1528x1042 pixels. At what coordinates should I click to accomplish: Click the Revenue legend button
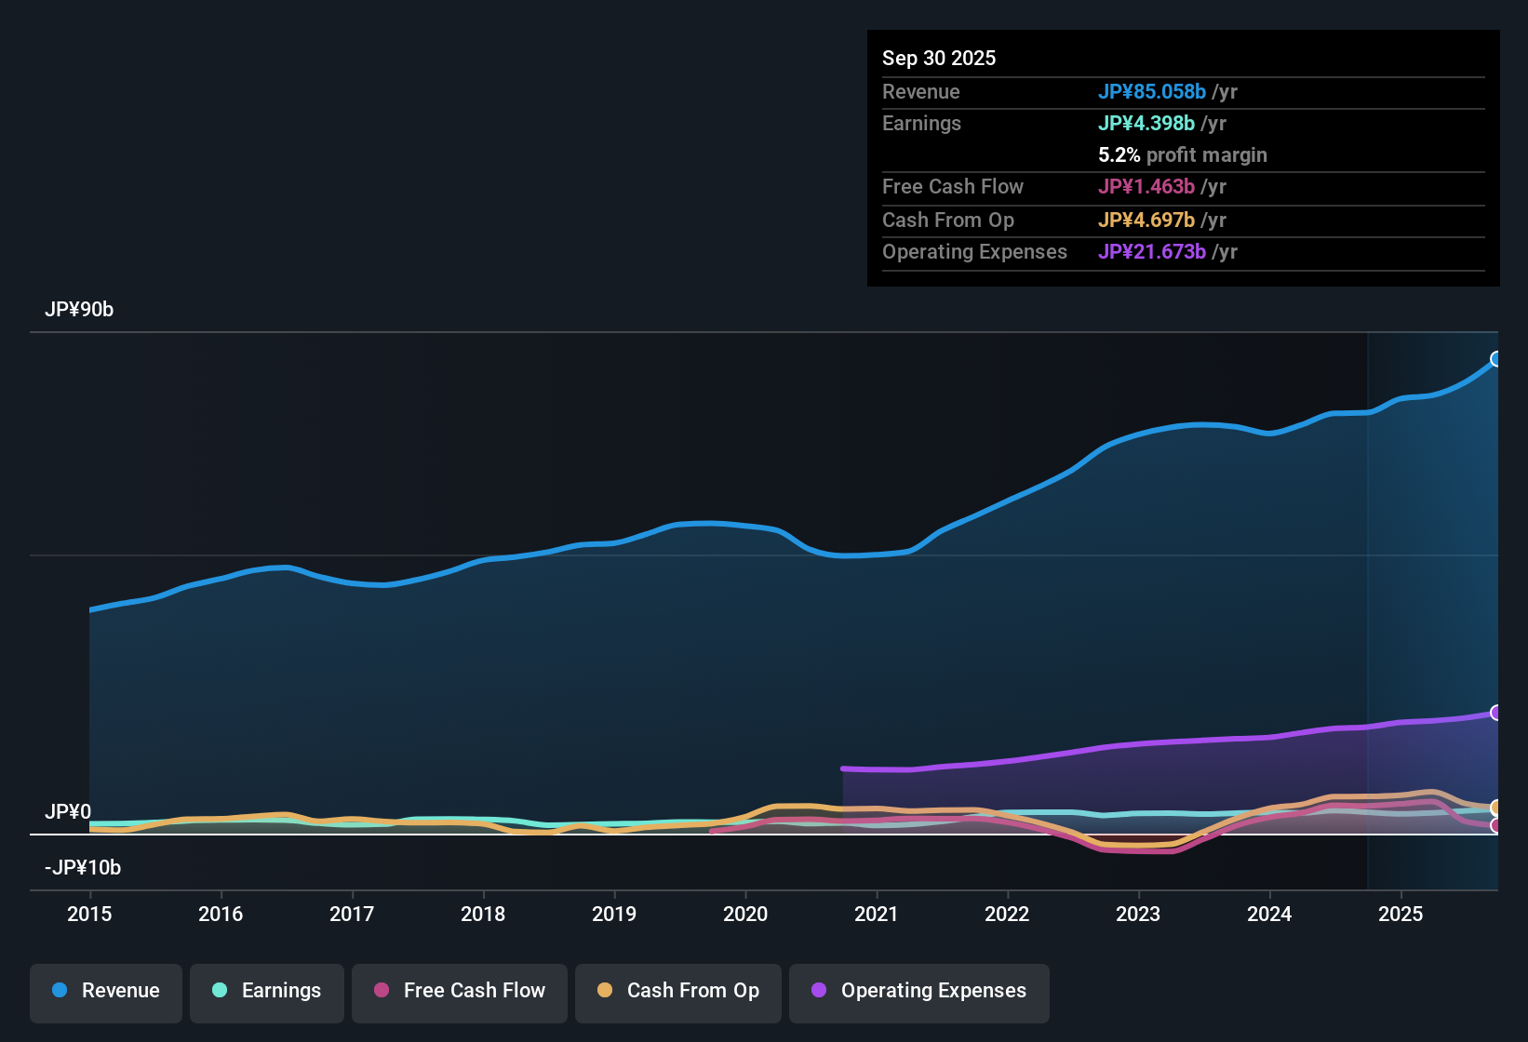pyautogui.click(x=106, y=991)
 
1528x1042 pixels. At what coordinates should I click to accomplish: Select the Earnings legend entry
pyautogui.click(x=267, y=991)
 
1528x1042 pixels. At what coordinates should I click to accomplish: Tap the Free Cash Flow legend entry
pyautogui.click(x=460, y=991)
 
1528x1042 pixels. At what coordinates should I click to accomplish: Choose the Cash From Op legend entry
pyautogui.click(x=678, y=991)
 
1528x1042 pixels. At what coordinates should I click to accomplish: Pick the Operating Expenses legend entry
pyautogui.click(x=919, y=991)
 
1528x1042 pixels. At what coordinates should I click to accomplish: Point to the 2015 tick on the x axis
pyautogui.click(x=89, y=914)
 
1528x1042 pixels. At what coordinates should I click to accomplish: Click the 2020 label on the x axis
pyautogui.click(x=745, y=914)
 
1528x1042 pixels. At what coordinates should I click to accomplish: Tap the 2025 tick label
pyautogui.click(x=1401, y=914)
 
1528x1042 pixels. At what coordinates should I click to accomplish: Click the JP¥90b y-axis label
pyautogui.click(x=79, y=310)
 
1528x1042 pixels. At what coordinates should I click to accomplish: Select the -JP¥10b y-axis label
pyautogui.click(x=83, y=868)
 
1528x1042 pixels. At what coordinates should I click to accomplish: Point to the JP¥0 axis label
pyautogui.click(x=68, y=812)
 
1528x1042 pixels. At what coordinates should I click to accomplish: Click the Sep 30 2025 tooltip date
pyautogui.click(x=939, y=59)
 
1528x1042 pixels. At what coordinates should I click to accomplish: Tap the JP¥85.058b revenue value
pyautogui.click(x=1152, y=92)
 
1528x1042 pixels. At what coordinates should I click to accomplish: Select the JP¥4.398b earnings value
pyautogui.click(x=1146, y=124)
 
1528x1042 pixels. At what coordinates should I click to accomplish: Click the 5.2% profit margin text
pyautogui.click(x=1183, y=155)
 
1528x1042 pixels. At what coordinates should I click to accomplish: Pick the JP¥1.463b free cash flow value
pyautogui.click(x=1146, y=187)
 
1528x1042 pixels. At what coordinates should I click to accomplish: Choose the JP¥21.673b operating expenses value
pyautogui.click(x=1152, y=252)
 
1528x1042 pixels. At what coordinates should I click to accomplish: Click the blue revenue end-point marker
pyautogui.click(x=1496, y=359)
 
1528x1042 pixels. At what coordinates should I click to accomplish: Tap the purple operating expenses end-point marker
pyautogui.click(x=1496, y=713)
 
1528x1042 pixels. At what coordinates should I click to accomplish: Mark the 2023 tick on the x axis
pyautogui.click(x=1138, y=914)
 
